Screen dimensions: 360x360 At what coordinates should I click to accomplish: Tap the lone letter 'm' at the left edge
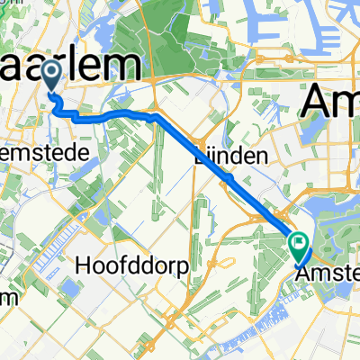[x=7, y=297]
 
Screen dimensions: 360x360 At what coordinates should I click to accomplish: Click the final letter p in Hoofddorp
[x=184, y=267]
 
